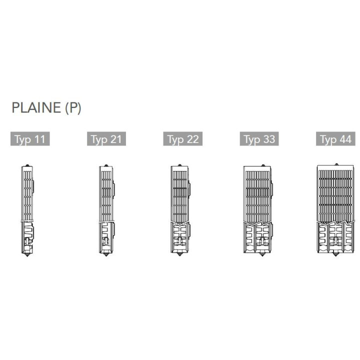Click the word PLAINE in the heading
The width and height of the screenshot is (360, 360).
pyautogui.click(x=36, y=107)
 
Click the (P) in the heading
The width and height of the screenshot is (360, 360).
pyautogui.click(x=73, y=107)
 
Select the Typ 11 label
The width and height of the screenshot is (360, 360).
pyautogui.click(x=30, y=138)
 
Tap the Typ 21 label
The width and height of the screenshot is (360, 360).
pyautogui.click(x=106, y=138)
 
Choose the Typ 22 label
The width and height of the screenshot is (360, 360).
pyautogui.click(x=183, y=138)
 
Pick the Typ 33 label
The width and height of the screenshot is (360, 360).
pyautogui.click(x=259, y=138)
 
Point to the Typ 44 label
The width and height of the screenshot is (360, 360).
pyautogui.click(x=335, y=138)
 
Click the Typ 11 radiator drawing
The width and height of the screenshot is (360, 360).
pyautogui.click(x=27, y=210)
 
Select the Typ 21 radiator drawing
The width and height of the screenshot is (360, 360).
pyautogui.click(x=107, y=210)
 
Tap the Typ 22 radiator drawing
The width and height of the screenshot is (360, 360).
pyautogui.click(x=180, y=210)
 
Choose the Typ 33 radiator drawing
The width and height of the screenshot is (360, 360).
pyautogui.click(x=258, y=210)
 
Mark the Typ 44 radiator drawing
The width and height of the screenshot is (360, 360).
pyautogui.click(x=335, y=209)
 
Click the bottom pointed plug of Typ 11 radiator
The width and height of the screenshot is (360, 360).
pyautogui.click(x=27, y=254)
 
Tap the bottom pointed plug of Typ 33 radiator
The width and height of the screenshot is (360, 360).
pyautogui.click(x=262, y=254)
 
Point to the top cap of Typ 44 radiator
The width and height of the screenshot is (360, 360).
pyautogui.click(x=336, y=164)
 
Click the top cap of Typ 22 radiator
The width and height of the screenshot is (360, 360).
pyautogui.click(x=180, y=165)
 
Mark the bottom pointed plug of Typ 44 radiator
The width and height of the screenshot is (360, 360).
pyautogui.click(x=336, y=254)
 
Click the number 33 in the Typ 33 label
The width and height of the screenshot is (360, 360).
pyautogui.click(x=269, y=139)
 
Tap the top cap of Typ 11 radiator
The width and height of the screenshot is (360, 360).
pyautogui.click(x=27, y=165)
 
